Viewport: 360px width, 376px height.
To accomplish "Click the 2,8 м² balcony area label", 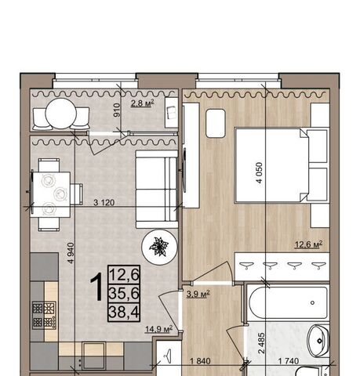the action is click(x=142, y=103).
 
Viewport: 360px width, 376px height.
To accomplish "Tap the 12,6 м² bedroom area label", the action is click(x=308, y=244).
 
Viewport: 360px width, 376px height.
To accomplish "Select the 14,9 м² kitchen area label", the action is click(x=159, y=329).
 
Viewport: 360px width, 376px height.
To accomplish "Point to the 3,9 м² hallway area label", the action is click(x=198, y=295).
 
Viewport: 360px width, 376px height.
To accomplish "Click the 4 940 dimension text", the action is click(x=71, y=253).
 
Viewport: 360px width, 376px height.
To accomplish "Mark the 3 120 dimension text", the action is click(x=104, y=202).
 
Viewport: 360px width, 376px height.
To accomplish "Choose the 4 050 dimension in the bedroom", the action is click(x=259, y=173).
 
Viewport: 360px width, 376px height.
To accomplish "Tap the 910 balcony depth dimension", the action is click(x=117, y=110).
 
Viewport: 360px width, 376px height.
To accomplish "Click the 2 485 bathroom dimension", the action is click(x=261, y=343).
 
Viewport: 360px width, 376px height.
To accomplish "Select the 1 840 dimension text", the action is click(x=200, y=361).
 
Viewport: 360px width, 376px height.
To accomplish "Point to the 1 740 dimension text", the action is click(x=288, y=361).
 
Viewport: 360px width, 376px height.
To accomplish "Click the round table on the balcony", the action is click(x=61, y=114).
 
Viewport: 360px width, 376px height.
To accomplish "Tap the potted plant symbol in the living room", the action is click(x=159, y=247).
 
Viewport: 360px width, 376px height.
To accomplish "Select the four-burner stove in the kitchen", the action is click(x=44, y=315).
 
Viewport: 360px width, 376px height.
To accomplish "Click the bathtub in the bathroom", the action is click(x=288, y=303).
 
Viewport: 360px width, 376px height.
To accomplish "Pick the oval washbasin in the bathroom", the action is click(x=318, y=340).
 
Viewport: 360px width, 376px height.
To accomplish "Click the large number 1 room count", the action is click(x=97, y=287).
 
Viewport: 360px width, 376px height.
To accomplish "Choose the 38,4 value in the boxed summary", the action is click(x=124, y=312).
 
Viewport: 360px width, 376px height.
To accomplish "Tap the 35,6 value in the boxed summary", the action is click(x=124, y=294).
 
